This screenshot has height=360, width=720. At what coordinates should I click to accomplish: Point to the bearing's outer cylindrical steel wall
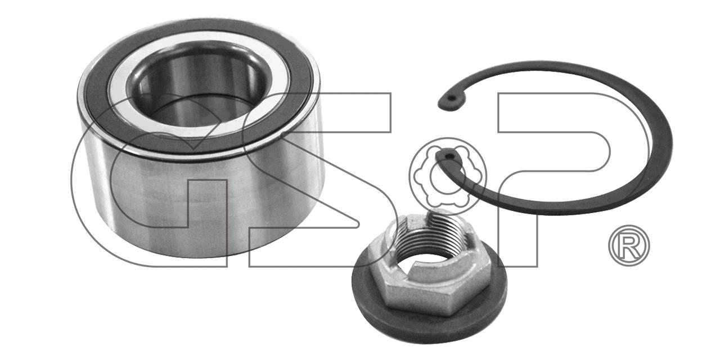coord(199,206)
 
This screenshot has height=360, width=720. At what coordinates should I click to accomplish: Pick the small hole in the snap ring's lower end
coord(450,156)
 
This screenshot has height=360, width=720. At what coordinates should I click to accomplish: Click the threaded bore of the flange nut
coord(427,251)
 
